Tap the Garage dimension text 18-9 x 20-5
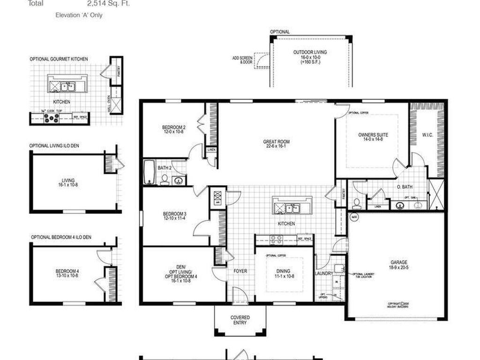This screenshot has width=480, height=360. pyautogui.click(x=399, y=268)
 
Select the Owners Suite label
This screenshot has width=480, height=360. pyautogui.click(x=373, y=135)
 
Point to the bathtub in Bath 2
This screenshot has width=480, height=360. pyautogui.click(x=149, y=173)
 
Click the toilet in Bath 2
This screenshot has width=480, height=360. pyautogui.click(x=165, y=180)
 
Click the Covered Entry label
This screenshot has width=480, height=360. pyautogui.click(x=240, y=320)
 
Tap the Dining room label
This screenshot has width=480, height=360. pyautogui.click(x=283, y=271)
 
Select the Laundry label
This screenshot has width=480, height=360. pyautogui.click(x=324, y=273)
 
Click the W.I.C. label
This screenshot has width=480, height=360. pyautogui.click(x=427, y=135)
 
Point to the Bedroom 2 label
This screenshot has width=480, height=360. pyautogui.click(x=174, y=127)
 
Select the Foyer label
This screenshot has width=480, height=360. pyautogui.click(x=240, y=271)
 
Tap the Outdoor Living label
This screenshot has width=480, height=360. pyautogui.click(x=310, y=52)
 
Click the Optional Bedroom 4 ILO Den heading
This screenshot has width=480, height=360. pyautogui.click(x=61, y=237)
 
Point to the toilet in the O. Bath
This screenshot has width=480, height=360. pyautogui.click(x=357, y=202)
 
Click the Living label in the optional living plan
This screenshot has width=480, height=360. pyautogui.click(x=68, y=180)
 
